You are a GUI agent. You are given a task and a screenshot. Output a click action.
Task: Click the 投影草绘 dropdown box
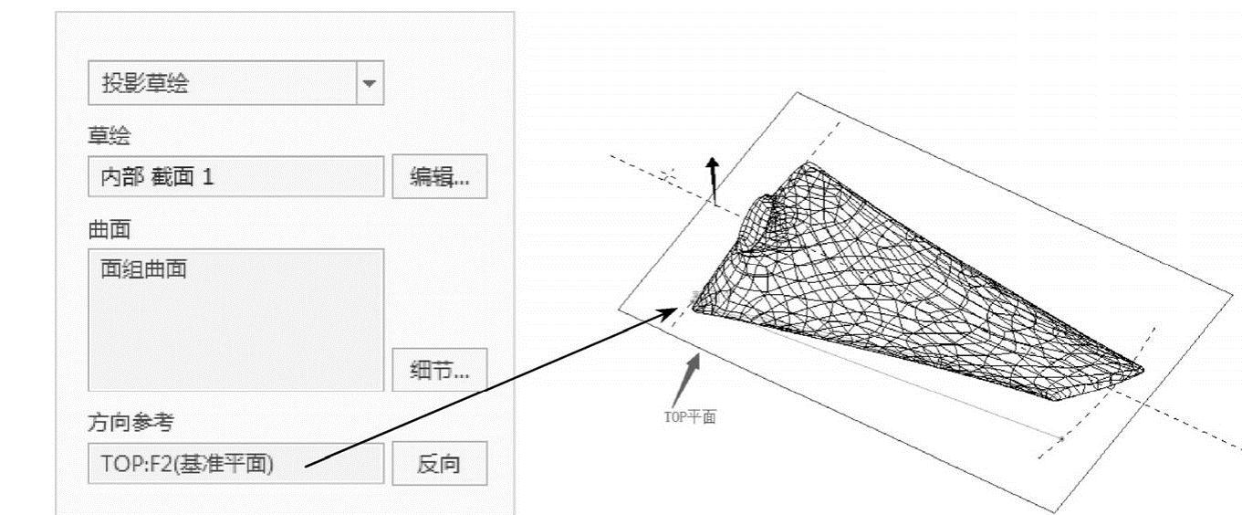[223, 84]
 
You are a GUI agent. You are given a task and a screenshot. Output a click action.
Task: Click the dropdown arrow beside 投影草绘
[369, 84]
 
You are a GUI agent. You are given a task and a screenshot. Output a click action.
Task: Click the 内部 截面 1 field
[235, 176]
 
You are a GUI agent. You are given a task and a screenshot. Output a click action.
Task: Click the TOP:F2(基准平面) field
[235, 464]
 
